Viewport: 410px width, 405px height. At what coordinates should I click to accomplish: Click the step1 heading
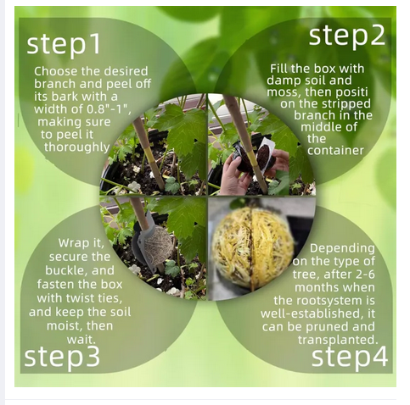point(64,44)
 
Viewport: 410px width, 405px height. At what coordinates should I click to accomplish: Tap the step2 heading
point(347,36)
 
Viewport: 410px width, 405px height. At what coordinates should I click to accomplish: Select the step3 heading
point(62,357)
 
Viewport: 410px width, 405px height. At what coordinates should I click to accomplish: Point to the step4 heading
point(350,357)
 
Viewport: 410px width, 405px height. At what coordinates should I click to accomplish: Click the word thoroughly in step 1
point(76,147)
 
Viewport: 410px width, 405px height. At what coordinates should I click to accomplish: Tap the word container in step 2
point(335,150)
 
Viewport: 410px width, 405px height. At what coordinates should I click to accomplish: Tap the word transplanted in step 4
point(338,340)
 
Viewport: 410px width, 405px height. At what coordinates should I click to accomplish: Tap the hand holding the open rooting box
point(233,175)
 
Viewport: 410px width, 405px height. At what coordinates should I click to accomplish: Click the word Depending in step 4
point(342,248)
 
